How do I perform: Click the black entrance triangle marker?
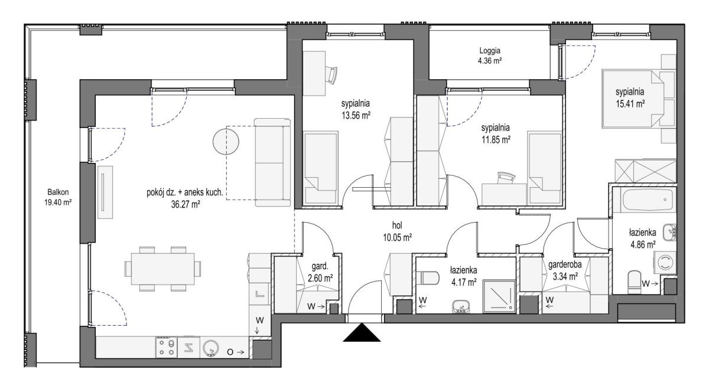362,333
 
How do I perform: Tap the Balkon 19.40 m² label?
58,197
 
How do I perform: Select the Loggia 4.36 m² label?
490,55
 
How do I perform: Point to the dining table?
162,269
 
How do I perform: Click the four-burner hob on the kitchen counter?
166,347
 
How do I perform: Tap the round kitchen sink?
210,348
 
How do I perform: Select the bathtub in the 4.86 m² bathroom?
648,200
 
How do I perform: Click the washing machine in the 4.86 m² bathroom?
666,262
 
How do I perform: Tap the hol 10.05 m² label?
397,231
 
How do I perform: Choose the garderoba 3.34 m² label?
565,270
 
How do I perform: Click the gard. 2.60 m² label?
320,272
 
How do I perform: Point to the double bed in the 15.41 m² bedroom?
633,99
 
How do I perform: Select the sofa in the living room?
272,162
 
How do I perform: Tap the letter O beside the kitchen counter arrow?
230,352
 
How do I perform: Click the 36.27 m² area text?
185,204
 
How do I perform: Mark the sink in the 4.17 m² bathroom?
461,306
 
